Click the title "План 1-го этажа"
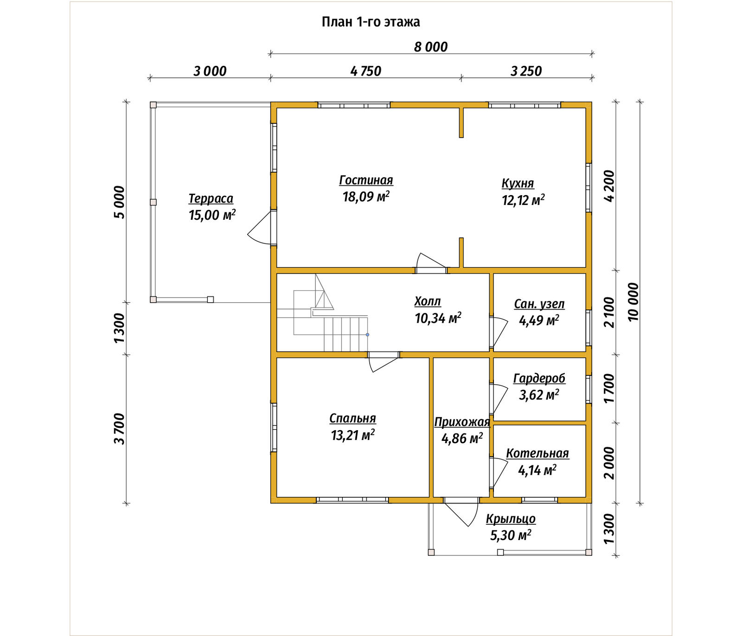click(371, 22)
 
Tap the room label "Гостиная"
click(366, 180)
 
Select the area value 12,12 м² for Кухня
click(523, 200)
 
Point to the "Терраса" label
click(211, 199)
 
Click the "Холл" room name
click(428, 302)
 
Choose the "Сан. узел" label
click(539, 305)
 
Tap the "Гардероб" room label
click(539, 379)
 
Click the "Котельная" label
click(537, 453)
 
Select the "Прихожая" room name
click(462, 422)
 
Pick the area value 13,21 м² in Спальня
click(353, 435)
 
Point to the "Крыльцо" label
click(511, 519)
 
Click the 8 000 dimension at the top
click(431, 47)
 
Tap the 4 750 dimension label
click(366, 71)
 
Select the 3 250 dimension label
click(526, 71)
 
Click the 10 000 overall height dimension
click(633, 302)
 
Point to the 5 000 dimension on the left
click(119, 202)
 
